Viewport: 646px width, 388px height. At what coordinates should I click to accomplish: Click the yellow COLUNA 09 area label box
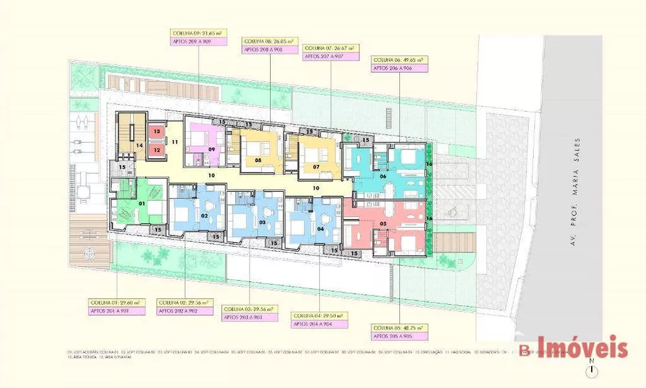pos(198,32)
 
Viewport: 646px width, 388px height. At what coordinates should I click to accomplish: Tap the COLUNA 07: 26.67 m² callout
pos(331,48)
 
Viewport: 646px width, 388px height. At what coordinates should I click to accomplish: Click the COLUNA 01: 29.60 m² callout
pos(116,301)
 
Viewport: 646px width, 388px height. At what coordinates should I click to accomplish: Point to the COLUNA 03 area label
pos(249,309)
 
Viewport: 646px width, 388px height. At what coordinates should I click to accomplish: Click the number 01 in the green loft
pos(143,204)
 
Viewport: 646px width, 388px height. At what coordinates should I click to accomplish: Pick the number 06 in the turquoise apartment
pos(383,177)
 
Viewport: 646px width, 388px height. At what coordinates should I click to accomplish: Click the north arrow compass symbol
pos(592,371)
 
